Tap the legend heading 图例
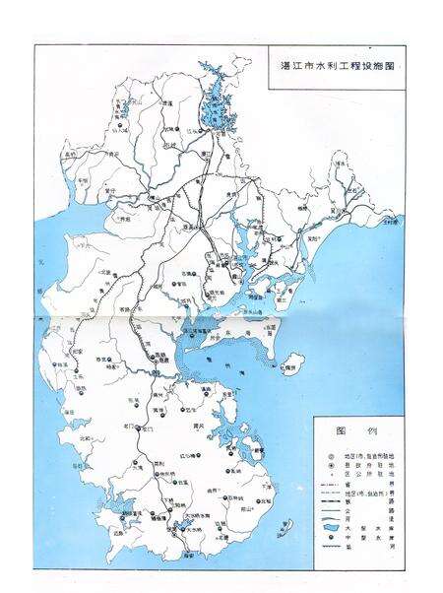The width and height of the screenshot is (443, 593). point(352,431)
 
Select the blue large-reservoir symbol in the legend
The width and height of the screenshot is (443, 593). point(328,526)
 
